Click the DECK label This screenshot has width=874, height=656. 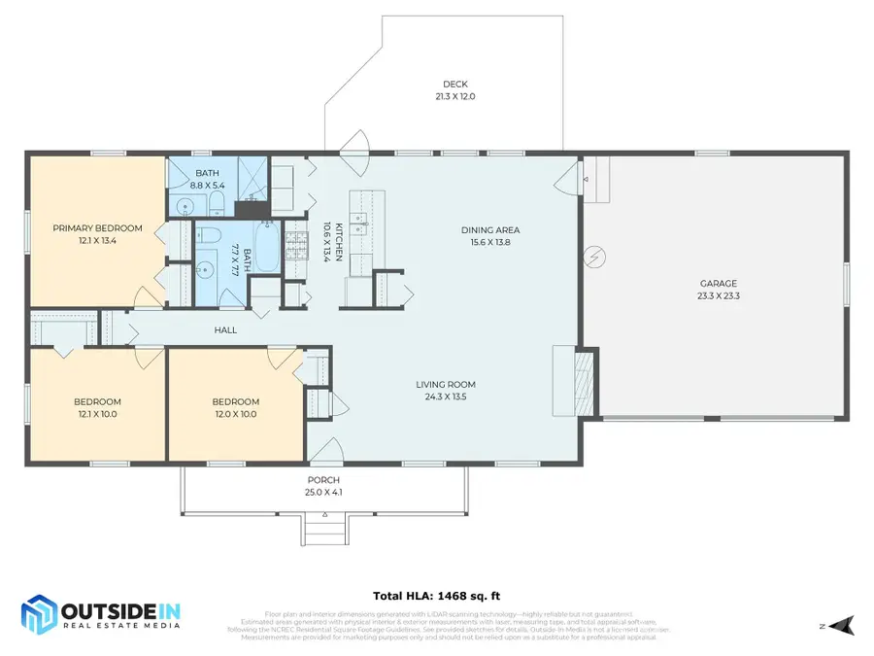(454, 85)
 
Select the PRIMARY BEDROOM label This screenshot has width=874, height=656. (97, 228)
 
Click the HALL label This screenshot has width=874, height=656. (225, 330)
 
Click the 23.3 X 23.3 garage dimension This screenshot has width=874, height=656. (718, 296)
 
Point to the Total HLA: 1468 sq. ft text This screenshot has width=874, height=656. (436, 596)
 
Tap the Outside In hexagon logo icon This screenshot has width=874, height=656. (40, 613)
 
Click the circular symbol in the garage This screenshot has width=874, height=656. (592, 256)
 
